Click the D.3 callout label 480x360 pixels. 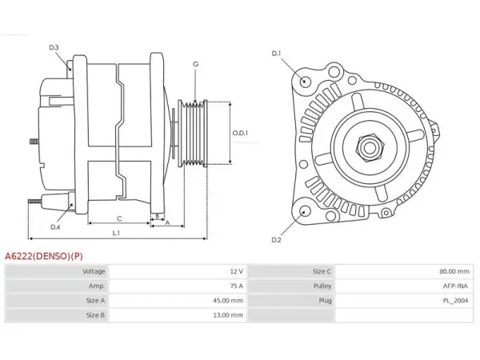(54, 47)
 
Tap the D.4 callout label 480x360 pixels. (55, 227)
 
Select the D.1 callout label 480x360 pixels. (277, 54)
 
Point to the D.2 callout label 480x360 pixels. (277, 240)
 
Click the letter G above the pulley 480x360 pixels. (196, 64)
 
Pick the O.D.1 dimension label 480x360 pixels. (240, 133)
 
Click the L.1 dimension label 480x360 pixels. (116, 234)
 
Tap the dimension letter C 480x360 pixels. (119, 218)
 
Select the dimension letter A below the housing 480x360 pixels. (167, 223)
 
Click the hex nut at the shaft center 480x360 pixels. (370, 147)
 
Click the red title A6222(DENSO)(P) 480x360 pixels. (44, 256)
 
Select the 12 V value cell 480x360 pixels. (237, 271)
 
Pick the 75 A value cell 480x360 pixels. (237, 286)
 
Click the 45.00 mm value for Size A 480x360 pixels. (228, 301)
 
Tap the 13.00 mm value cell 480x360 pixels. (228, 315)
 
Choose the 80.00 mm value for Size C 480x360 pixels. (454, 271)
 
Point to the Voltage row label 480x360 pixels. (94, 271)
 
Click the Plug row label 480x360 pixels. (325, 301)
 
